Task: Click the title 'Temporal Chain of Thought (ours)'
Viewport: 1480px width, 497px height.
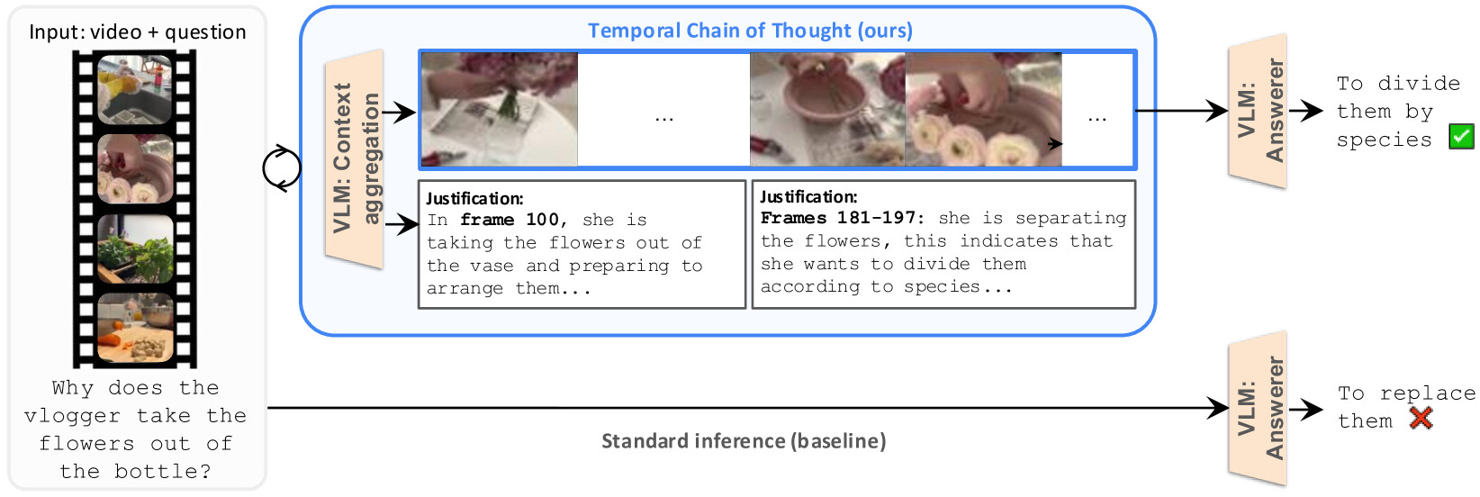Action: tap(750, 31)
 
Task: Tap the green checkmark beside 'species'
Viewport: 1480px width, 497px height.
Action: tap(1461, 137)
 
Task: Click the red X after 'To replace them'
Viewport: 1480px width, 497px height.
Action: tap(1421, 419)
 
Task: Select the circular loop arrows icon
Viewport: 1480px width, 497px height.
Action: tap(282, 168)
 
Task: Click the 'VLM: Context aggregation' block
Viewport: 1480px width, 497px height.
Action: tap(354, 159)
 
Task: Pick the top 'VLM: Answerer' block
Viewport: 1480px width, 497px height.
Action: tap(1258, 111)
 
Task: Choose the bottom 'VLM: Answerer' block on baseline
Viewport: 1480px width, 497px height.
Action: tap(1258, 409)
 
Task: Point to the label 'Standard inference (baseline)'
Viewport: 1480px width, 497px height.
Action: tap(744, 441)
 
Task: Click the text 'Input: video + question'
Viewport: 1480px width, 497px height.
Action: tap(138, 32)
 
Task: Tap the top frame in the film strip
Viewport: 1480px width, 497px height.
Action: tap(135, 89)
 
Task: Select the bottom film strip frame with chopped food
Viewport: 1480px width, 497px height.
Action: tap(135, 328)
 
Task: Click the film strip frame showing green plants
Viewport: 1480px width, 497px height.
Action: tap(135, 248)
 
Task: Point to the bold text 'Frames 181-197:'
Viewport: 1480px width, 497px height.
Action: tap(842, 218)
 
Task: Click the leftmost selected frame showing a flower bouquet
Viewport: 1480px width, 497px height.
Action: tap(500, 109)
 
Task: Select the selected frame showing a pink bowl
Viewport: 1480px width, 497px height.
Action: tap(828, 109)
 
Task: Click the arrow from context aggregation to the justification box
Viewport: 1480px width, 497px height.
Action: tap(401, 225)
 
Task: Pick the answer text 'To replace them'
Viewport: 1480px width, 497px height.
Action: tap(1406, 407)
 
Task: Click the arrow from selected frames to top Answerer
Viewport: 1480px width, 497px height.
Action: tap(1182, 111)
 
